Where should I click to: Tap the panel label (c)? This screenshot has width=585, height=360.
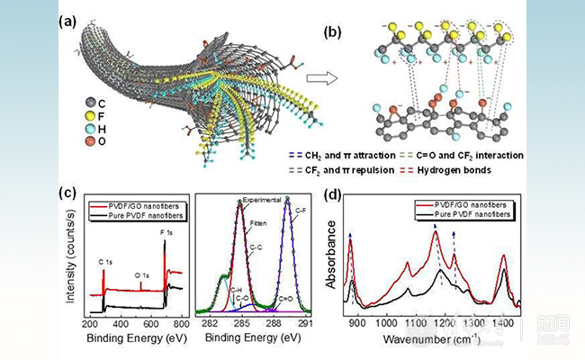(x=67, y=189)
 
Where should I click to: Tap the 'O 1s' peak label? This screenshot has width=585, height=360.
(x=142, y=277)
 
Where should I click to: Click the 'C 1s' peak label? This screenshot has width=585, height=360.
(x=106, y=262)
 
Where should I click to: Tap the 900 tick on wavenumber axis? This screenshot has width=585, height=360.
(x=356, y=322)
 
